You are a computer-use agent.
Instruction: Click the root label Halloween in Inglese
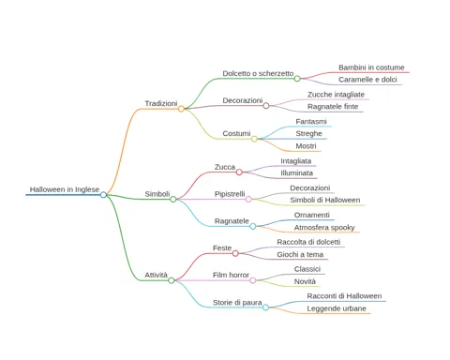[x=65, y=189]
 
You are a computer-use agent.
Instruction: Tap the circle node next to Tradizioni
[x=181, y=109]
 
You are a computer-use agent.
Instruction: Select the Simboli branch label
[x=157, y=194]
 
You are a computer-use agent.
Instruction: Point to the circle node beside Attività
[x=172, y=280]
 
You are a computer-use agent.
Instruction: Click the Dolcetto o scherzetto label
[x=258, y=73]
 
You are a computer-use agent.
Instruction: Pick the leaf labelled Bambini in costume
[x=371, y=67]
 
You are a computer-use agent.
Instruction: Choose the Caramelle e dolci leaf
[x=367, y=80]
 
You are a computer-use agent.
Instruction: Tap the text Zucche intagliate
[x=336, y=95]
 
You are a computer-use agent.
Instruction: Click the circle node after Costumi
[x=254, y=139]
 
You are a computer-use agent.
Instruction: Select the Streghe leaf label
[x=308, y=134]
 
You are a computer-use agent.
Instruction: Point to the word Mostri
[x=306, y=146]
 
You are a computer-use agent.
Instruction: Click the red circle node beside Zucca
[x=239, y=172]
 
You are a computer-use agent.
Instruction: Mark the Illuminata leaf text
[x=296, y=173]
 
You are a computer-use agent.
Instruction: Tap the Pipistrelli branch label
[x=230, y=194]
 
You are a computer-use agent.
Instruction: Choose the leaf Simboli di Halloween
[x=325, y=200]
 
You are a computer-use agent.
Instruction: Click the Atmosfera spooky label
[x=324, y=228]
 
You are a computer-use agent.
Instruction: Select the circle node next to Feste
[x=235, y=253]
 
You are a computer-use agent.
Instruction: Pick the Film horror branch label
[x=231, y=275]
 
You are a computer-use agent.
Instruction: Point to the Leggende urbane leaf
[x=337, y=308]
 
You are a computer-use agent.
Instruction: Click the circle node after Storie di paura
[x=265, y=307]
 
